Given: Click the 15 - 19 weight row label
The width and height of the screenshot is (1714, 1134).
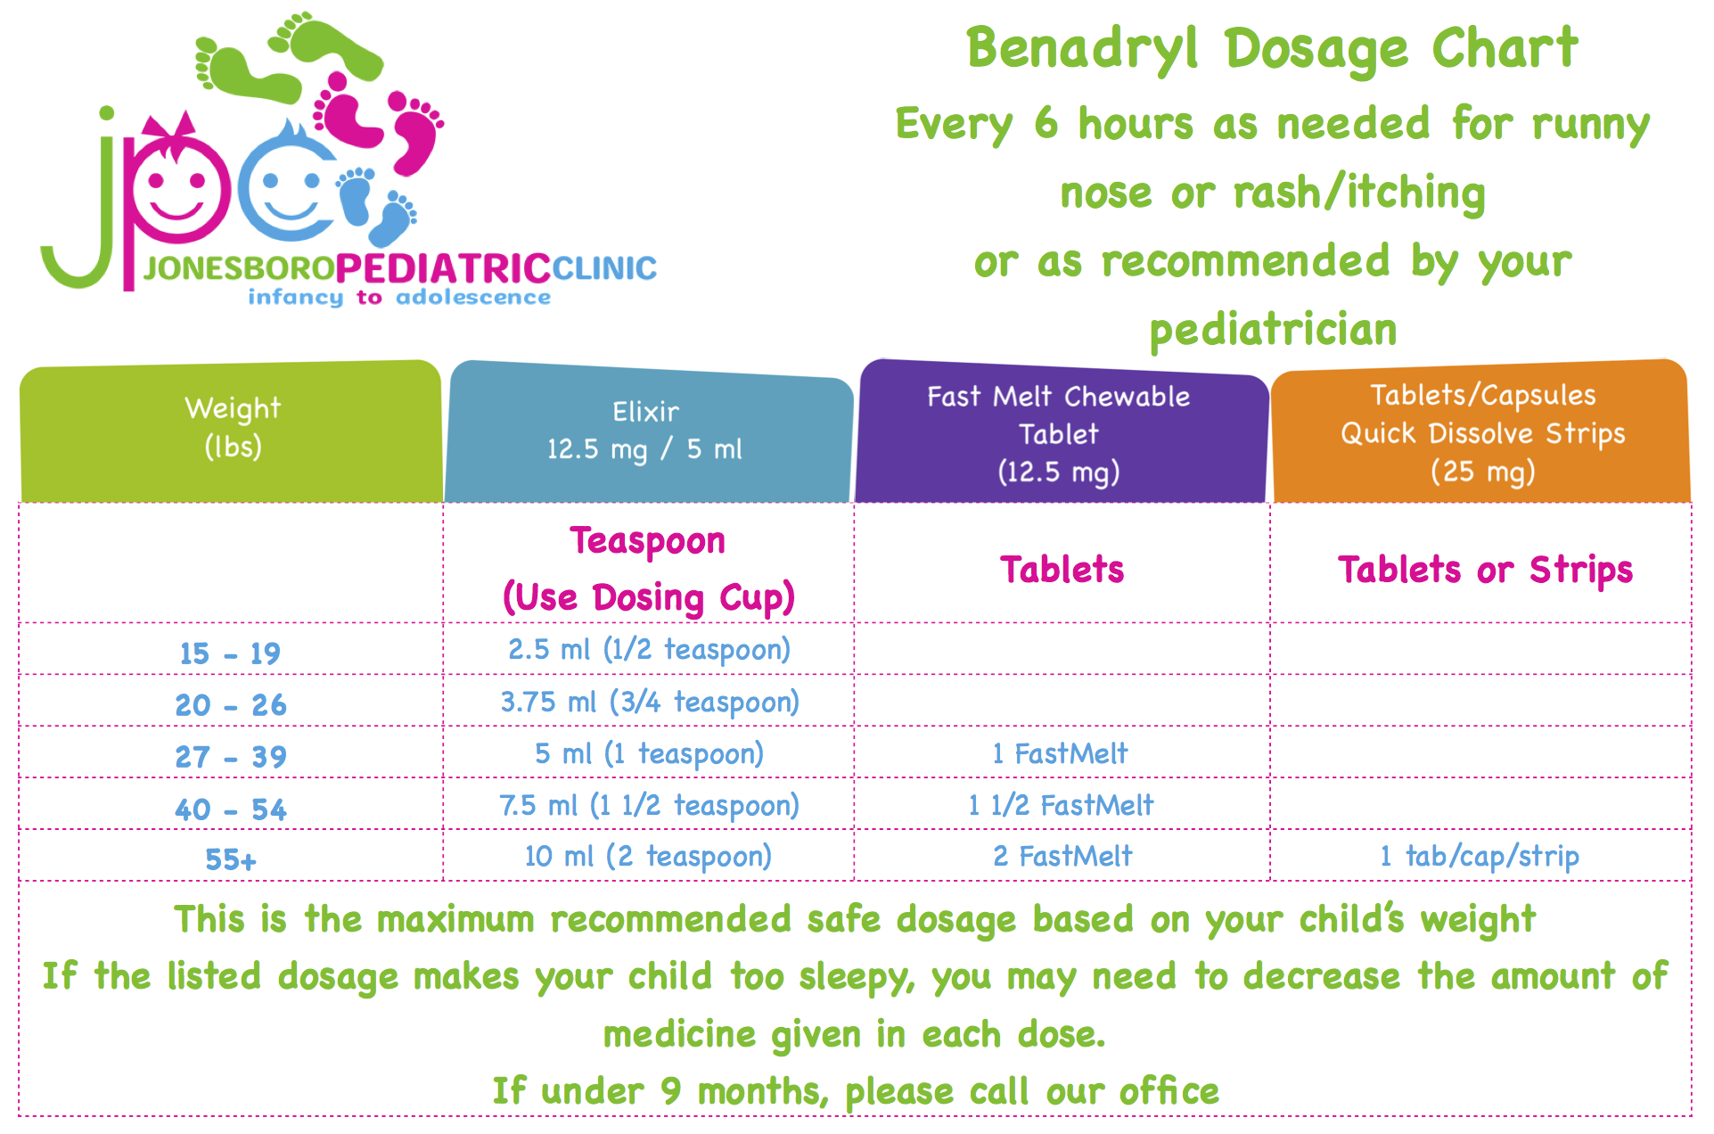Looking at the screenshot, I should click(x=230, y=653).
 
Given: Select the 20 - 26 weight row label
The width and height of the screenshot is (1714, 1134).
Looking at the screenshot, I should click(x=230, y=705).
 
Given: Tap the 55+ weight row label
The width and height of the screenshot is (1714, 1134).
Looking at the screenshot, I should click(x=230, y=859).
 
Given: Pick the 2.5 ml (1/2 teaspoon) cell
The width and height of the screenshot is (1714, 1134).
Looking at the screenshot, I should click(x=649, y=650).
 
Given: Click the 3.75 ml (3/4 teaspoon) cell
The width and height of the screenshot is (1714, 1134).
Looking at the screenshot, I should click(x=649, y=703).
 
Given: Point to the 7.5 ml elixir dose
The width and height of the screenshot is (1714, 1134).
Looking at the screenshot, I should click(x=649, y=806).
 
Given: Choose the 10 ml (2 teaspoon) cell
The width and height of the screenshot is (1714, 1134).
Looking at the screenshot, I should click(x=648, y=857).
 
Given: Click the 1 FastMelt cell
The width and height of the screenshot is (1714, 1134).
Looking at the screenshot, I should click(x=1060, y=754).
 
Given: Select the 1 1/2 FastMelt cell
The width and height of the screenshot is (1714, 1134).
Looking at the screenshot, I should click(x=1061, y=806).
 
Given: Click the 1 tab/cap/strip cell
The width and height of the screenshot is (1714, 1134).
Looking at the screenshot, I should click(x=1480, y=857).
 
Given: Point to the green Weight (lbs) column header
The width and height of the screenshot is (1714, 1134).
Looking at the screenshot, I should click(x=232, y=428).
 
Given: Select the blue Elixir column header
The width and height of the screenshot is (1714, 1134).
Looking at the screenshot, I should click(x=645, y=431).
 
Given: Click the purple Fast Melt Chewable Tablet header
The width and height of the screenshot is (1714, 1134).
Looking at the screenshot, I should click(x=1059, y=433).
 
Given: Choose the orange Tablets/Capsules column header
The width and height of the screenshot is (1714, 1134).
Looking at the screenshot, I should click(x=1482, y=433).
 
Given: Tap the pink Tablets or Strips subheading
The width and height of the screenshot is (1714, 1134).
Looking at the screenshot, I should click(x=1485, y=571).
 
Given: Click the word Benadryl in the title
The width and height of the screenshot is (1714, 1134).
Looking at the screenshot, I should click(x=1082, y=49).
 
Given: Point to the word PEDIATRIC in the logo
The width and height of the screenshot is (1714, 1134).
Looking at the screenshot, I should click(x=443, y=268).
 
